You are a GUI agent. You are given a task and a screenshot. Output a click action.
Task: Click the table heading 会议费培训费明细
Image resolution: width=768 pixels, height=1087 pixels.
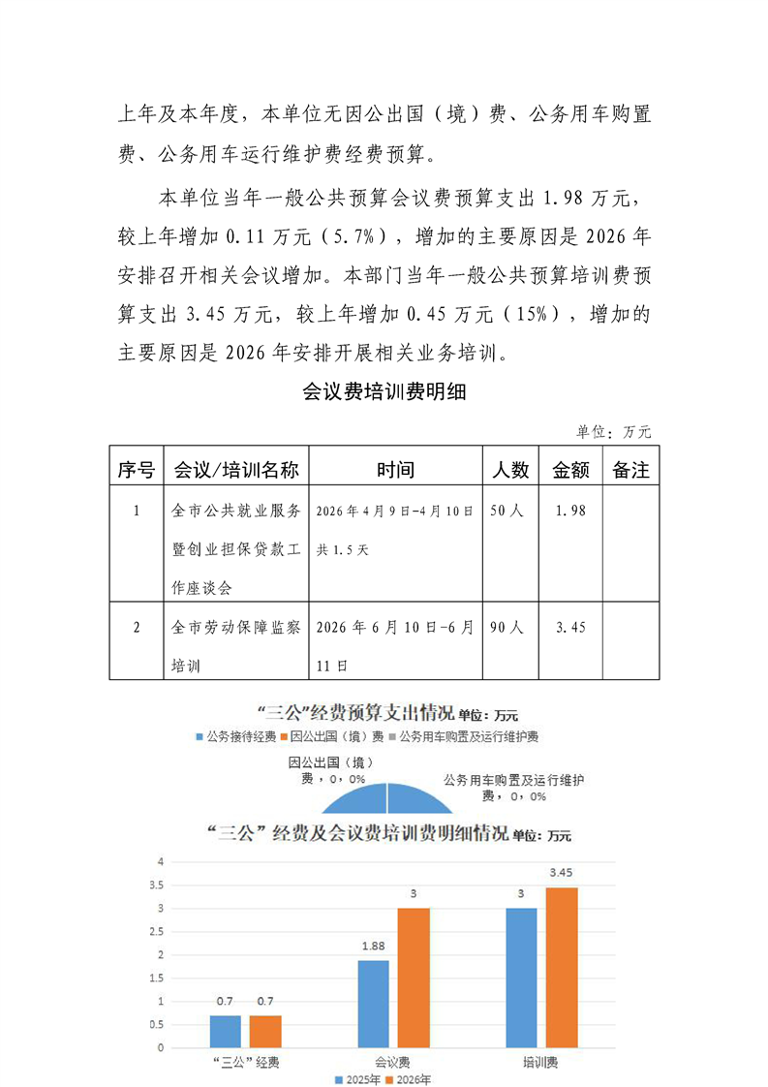pos(384,391)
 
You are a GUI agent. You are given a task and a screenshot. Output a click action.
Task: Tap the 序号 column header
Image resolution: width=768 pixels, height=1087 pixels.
pos(136,470)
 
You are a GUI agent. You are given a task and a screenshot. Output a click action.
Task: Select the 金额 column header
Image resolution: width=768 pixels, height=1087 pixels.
pos(571,470)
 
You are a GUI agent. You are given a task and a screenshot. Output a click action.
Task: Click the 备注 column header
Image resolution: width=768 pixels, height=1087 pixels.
pos(631,470)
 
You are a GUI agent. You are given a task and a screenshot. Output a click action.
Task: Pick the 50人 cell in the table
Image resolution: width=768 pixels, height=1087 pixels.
pos(507,510)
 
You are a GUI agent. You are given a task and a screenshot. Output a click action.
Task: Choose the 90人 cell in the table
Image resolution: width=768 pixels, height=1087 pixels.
pos(507,627)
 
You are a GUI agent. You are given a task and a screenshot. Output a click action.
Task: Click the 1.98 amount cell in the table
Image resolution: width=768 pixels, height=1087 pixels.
pos(571,510)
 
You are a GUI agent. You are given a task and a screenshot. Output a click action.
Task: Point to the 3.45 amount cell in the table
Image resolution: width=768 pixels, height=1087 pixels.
pos(571,627)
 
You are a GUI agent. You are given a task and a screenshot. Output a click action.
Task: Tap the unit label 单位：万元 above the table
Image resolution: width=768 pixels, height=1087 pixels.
pos(614,431)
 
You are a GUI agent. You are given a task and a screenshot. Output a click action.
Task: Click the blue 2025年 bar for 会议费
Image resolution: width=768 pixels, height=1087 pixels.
pos(374,1004)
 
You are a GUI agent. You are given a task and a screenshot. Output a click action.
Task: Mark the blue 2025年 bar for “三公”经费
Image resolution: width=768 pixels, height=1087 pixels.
pos(226,1031)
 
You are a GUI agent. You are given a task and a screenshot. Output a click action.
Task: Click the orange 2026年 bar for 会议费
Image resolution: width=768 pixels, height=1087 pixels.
pos(414,978)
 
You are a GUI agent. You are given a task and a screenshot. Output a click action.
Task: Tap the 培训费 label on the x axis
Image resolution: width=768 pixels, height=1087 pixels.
pos(540,1062)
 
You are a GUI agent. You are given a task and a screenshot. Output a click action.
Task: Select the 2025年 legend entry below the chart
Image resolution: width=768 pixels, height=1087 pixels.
pos(357,1078)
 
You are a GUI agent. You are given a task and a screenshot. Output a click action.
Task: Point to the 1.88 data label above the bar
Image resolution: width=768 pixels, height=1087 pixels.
pos(374,946)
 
